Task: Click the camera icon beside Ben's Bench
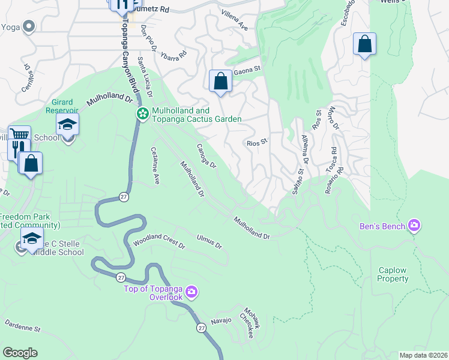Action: (413, 226)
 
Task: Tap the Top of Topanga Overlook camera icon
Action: (191, 292)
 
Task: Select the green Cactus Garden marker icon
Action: (142, 113)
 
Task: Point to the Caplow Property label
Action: (393, 275)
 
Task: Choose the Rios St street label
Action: (256, 143)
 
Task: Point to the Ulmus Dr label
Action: (209, 242)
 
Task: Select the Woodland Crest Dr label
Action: (159, 242)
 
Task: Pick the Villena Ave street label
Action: (234, 20)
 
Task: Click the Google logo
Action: (20, 352)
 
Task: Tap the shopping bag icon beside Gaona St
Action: (220, 80)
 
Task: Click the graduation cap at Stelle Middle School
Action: (32, 238)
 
